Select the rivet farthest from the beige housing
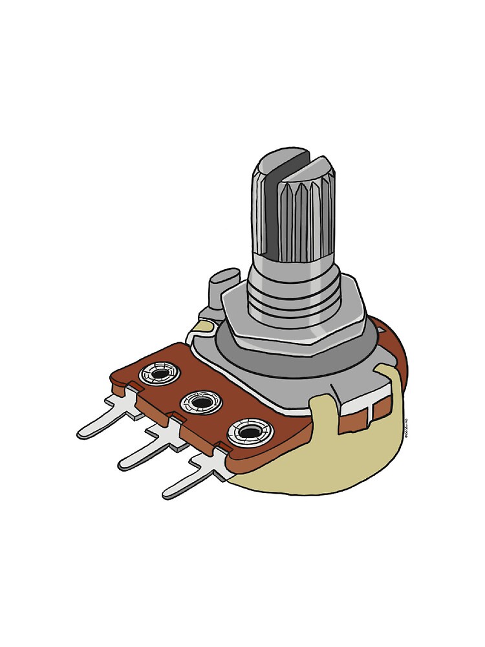(159, 373)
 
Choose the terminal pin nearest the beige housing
(188, 482)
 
